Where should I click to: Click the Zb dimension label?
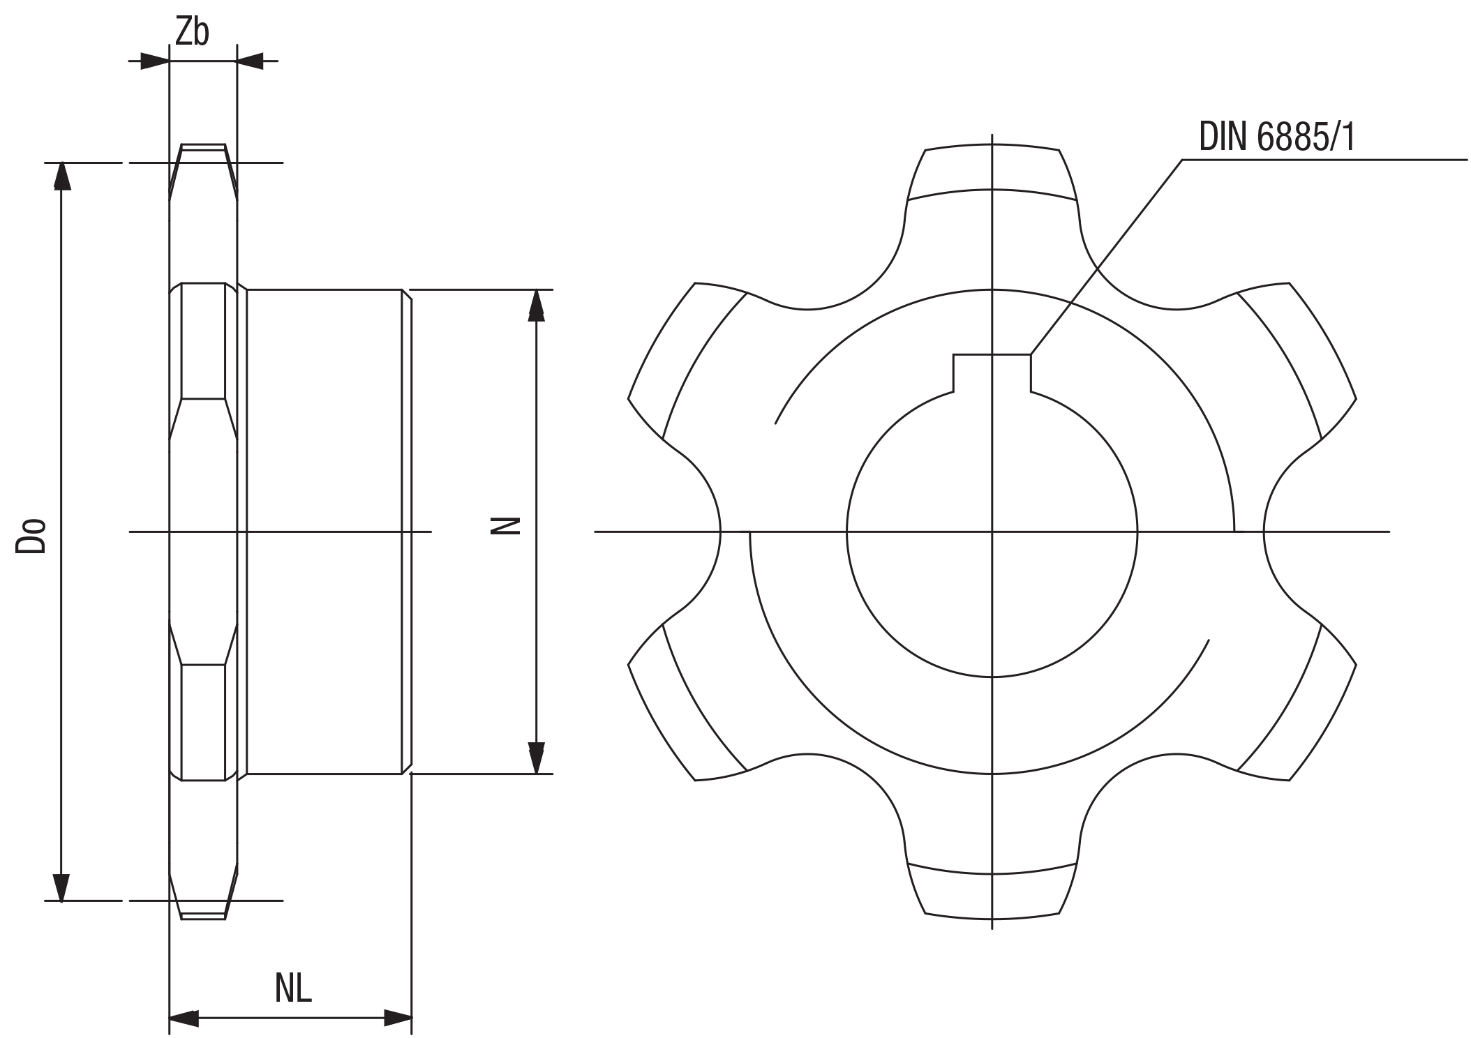pyautogui.click(x=191, y=32)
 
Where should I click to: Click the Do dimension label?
pyautogui.click(x=31, y=536)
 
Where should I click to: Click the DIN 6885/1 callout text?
pyautogui.click(x=1277, y=137)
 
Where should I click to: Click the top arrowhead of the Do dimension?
pyautogui.click(x=62, y=176)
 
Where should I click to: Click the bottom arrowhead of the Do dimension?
pyautogui.click(x=62, y=887)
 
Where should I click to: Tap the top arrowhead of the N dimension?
pyautogui.click(x=536, y=304)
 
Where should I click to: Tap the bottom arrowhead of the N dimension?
pyautogui.click(x=536, y=759)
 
